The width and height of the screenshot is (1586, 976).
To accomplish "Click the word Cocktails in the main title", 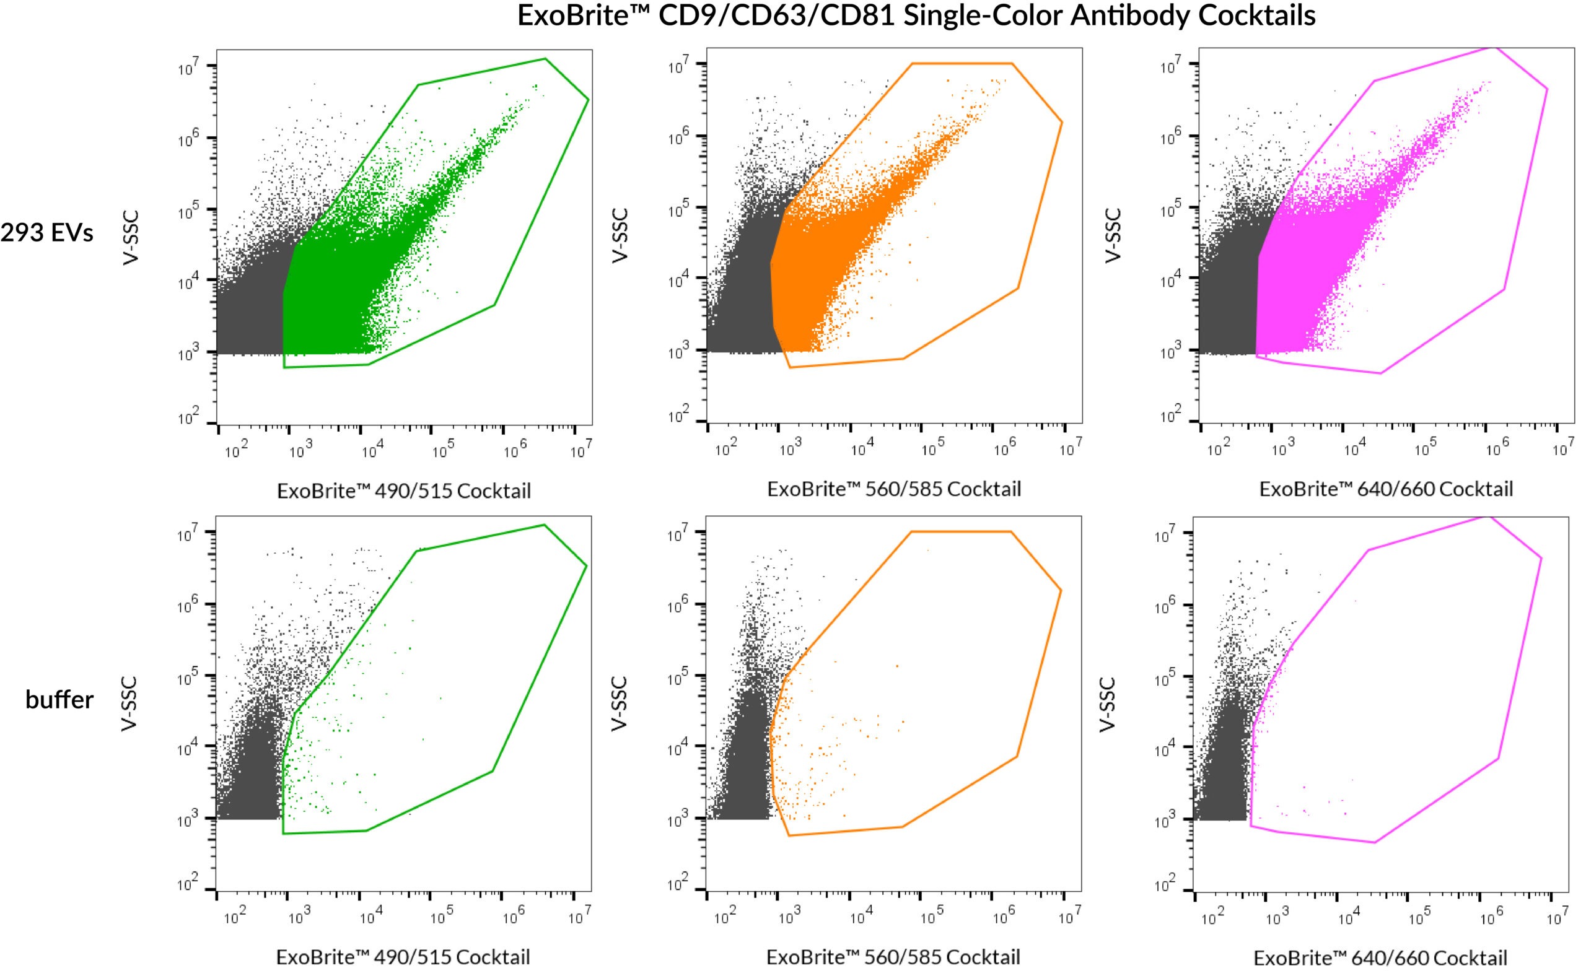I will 1256,15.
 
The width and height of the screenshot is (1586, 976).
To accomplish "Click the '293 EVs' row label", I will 47,232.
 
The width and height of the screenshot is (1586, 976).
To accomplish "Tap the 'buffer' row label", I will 59,700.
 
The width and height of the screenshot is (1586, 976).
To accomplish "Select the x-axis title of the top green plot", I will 403,491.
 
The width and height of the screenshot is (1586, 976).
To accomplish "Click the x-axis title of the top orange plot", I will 894,489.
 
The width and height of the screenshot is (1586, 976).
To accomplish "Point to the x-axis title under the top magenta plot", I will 1386,489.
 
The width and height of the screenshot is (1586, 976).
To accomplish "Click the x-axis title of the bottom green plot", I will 403,957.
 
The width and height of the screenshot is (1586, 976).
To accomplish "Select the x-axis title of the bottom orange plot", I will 893,957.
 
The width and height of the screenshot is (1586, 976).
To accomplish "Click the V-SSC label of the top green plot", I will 131,237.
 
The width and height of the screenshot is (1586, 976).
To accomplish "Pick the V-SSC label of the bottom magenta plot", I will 1107,704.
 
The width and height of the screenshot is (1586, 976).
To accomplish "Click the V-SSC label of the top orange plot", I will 620,235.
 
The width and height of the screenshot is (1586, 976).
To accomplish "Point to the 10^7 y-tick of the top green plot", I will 188,68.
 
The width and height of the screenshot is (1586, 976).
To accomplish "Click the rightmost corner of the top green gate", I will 589,100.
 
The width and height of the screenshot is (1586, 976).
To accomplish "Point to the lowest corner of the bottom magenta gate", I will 1375,842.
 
